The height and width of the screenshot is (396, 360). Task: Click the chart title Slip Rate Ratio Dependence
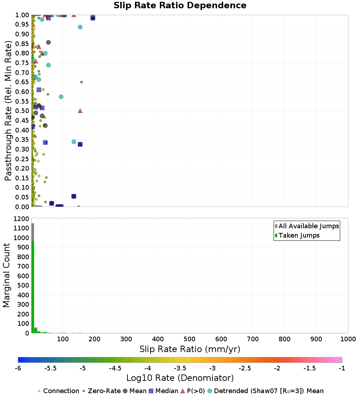(180, 6)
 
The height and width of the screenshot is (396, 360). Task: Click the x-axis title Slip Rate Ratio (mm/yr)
(190, 349)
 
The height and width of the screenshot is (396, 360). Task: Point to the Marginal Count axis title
(6, 275)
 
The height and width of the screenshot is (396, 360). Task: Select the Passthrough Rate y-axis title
(8, 111)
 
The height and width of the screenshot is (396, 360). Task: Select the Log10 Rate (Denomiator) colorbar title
(180, 378)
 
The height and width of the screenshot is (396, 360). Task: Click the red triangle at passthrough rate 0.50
(80, 111)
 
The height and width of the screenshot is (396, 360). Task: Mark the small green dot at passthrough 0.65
(81, 82)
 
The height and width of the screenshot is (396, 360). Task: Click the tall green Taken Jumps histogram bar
(33, 288)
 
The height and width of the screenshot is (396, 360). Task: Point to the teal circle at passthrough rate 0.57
(61, 97)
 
